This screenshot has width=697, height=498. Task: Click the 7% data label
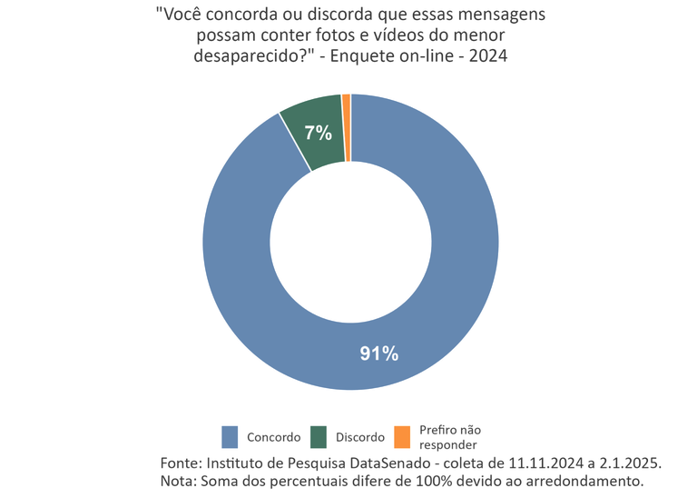(318, 133)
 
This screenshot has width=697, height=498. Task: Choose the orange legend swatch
(402, 437)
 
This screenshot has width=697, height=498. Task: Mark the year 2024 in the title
(489, 55)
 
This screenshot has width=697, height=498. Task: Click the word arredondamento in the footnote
(586, 480)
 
